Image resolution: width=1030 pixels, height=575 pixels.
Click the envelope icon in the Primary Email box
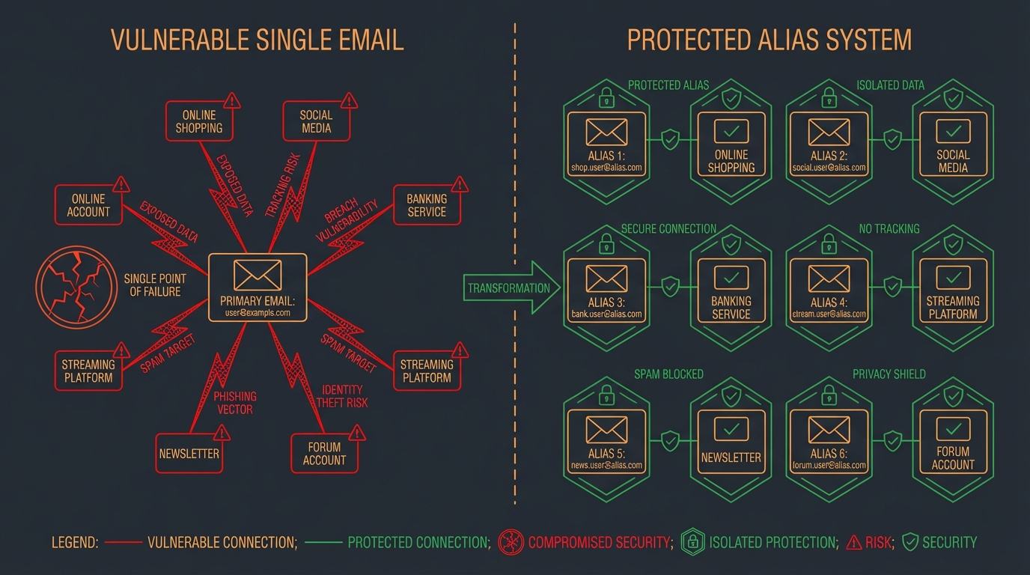click(x=257, y=275)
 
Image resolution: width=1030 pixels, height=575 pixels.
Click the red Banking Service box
click(x=426, y=206)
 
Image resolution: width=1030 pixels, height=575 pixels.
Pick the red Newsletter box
click(x=189, y=453)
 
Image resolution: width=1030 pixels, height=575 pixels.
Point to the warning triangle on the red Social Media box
click(x=348, y=101)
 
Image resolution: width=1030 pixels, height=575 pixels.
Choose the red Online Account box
click(x=88, y=205)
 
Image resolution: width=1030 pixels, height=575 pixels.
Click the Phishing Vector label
click(x=234, y=402)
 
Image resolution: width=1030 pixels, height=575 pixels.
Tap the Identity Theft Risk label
click(x=342, y=396)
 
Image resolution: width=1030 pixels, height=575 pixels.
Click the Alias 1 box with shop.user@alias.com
click(x=606, y=144)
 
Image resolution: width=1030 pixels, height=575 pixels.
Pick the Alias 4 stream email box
click(x=829, y=290)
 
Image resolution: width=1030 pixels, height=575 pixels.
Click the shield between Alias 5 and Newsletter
click(x=670, y=440)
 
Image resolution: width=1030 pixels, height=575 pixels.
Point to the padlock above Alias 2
click(x=828, y=97)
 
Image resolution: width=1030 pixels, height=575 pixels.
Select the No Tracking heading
click(x=889, y=228)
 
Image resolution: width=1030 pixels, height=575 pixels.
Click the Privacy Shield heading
click(x=889, y=374)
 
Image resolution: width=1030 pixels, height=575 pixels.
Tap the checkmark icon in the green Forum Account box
click(x=953, y=429)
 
